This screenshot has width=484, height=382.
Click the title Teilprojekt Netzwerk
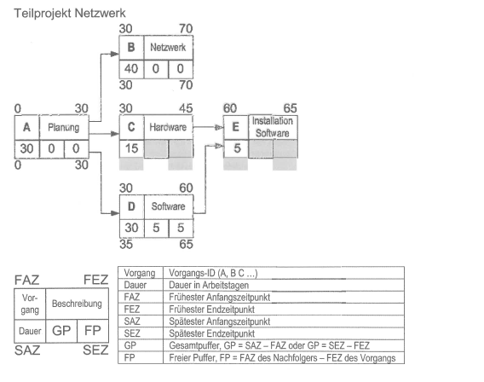click(x=70, y=14)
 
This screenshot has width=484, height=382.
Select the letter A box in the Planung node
click(x=27, y=127)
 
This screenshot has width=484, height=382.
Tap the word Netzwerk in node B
click(x=168, y=47)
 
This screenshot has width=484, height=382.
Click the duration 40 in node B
click(x=131, y=68)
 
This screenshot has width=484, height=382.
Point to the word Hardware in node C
click(x=168, y=127)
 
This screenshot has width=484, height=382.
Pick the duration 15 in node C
click(x=131, y=148)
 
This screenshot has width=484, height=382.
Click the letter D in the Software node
click(x=131, y=206)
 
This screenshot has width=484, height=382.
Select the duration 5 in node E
click(x=237, y=148)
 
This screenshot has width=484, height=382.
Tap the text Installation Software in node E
click(x=273, y=127)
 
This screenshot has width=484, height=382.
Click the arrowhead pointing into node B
click(x=115, y=54)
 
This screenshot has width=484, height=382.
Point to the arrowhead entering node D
click(x=115, y=213)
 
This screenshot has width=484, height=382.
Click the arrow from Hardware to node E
click(x=209, y=127)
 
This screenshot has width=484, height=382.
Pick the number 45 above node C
click(x=186, y=108)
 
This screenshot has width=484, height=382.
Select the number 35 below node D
click(x=126, y=244)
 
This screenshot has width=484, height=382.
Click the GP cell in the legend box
click(x=61, y=331)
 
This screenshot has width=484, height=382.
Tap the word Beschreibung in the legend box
click(x=77, y=304)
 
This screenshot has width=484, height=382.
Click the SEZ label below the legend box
click(x=95, y=350)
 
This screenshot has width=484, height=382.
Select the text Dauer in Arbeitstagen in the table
click(x=209, y=285)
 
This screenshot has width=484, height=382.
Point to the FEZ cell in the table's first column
click(x=132, y=310)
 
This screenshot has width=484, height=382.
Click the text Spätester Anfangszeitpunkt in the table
click(x=220, y=321)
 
